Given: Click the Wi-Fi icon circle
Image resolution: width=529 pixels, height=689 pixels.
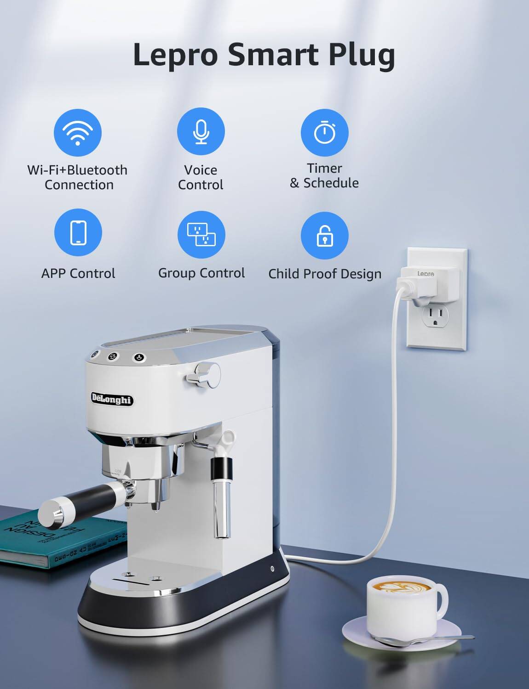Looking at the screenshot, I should coord(78,133).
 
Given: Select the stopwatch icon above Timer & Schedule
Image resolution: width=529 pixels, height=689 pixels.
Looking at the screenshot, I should coord(324,132).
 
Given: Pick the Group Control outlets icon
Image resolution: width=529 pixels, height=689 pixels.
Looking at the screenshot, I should coord(201,234).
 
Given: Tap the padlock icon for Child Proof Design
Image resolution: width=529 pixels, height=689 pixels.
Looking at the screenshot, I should coord(324,235).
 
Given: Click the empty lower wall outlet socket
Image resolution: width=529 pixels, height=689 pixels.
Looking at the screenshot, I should coord(435,316).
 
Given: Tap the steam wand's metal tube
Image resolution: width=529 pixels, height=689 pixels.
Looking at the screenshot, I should coord(221,510).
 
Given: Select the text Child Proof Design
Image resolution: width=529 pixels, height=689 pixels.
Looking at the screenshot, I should coord(325,274).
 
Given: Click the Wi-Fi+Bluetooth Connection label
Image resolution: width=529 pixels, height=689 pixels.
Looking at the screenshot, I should coord(78,177).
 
